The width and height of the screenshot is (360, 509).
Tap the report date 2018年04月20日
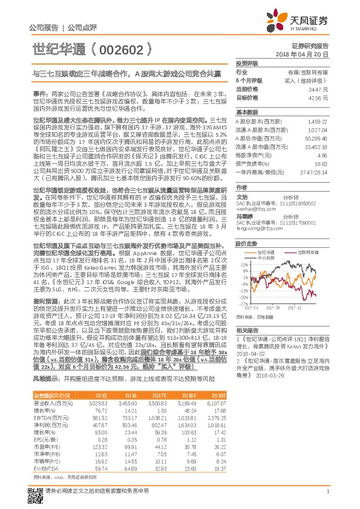[310, 54]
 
